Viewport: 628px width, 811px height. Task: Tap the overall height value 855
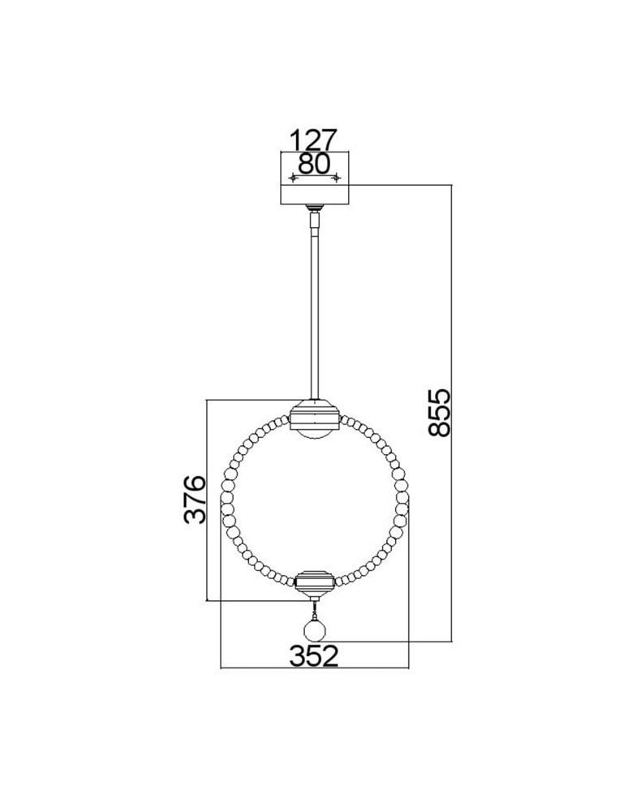click(x=437, y=413)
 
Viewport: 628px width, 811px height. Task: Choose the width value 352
click(x=314, y=655)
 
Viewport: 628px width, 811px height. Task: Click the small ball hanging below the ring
click(x=314, y=631)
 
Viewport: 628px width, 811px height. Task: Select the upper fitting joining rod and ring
click(x=314, y=414)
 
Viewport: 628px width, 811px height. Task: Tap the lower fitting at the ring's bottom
click(x=314, y=581)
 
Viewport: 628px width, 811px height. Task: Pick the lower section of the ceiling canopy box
click(x=314, y=195)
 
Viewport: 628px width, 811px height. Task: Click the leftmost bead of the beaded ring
click(x=226, y=514)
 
